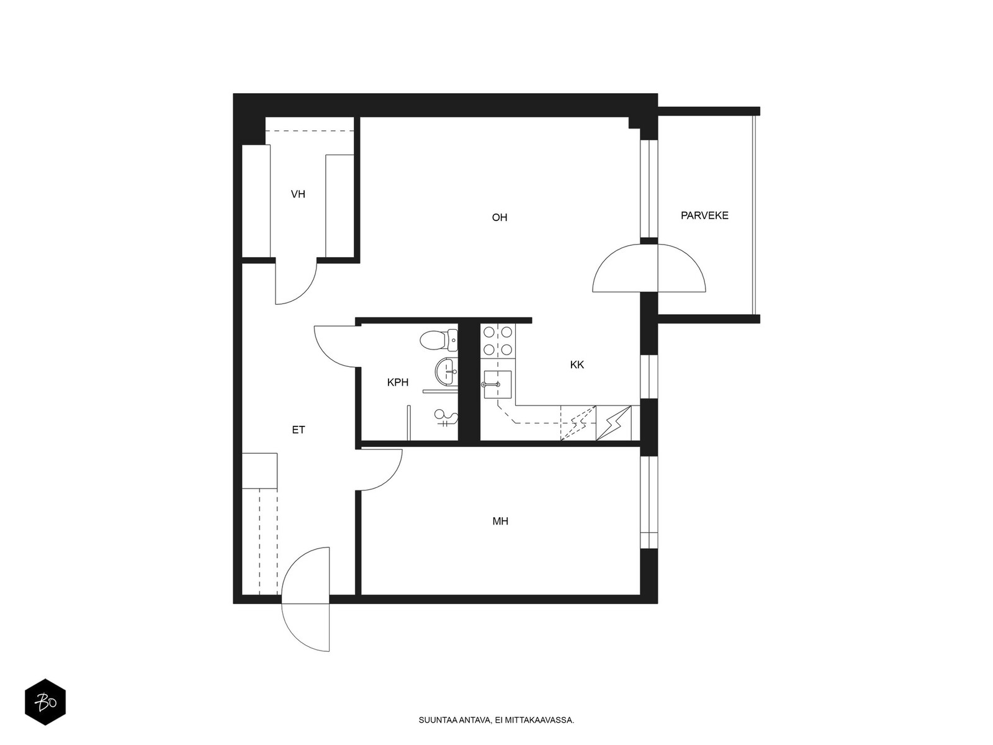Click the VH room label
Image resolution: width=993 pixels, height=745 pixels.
point(298,194)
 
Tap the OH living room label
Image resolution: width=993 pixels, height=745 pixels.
point(500,217)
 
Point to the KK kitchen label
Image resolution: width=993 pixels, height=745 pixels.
point(577,364)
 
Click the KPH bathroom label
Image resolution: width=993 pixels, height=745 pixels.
point(398,382)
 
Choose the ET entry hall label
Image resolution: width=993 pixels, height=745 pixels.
point(298,430)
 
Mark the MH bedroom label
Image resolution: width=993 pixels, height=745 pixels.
point(500,521)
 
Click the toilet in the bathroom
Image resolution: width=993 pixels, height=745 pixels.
point(439,341)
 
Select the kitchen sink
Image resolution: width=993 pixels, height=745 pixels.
point(498,384)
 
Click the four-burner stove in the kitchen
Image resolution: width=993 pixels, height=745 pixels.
point(498,340)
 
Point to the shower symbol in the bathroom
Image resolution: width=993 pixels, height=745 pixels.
point(446,417)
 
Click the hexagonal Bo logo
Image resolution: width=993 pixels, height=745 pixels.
point(45,702)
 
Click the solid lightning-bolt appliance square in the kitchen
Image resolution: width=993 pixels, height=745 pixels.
point(613,423)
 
